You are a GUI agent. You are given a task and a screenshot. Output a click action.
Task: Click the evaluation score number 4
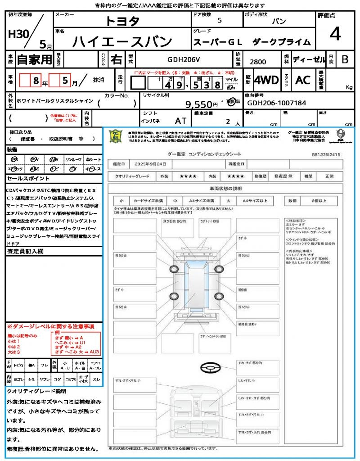tap(335, 34)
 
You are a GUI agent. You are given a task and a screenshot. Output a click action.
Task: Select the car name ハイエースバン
tap(122, 41)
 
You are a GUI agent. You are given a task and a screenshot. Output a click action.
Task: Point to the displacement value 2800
tap(257, 62)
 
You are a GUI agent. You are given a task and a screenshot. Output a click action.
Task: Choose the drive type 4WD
tap(266, 80)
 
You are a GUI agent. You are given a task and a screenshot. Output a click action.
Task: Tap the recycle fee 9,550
tap(198, 104)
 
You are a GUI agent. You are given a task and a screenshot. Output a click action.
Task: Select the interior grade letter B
tap(345, 59)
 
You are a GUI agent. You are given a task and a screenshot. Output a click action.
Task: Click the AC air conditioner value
tap(303, 80)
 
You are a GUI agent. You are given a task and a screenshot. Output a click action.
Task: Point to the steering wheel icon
tap(210, 368)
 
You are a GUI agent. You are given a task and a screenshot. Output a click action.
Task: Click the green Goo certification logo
tap(117, 136)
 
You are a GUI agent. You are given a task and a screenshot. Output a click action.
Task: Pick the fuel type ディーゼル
tap(309, 59)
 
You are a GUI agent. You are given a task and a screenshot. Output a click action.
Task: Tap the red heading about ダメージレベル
tap(50, 326)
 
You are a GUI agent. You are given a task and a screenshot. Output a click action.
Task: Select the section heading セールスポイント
tap(24, 179)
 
